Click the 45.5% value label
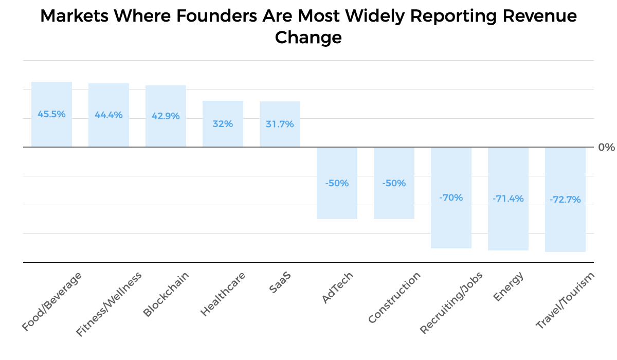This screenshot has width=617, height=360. point(51,114)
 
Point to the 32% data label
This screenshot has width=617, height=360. point(223,124)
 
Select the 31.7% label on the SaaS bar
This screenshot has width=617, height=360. point(280,124)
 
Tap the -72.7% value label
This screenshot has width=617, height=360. point(565,200)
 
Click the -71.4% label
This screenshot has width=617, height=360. point(508,199)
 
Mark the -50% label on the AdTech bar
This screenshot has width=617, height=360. point(337,183)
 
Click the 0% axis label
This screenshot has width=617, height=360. point(606,148)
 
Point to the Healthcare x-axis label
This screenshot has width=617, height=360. point(223,294)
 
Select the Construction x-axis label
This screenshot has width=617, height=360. point(394,298)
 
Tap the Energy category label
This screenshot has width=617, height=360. point(508,286)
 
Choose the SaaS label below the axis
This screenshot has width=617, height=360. point(280,282)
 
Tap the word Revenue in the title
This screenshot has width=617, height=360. point(540,16)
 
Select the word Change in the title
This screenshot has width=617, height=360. point(308,38)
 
